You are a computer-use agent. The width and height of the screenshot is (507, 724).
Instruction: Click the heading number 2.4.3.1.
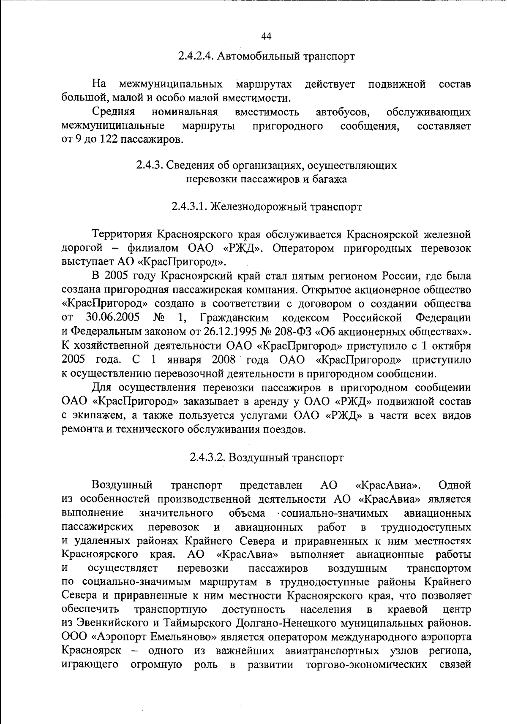(x=189, y=207)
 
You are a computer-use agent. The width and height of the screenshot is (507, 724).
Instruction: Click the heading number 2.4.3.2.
(x=207, y=458)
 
